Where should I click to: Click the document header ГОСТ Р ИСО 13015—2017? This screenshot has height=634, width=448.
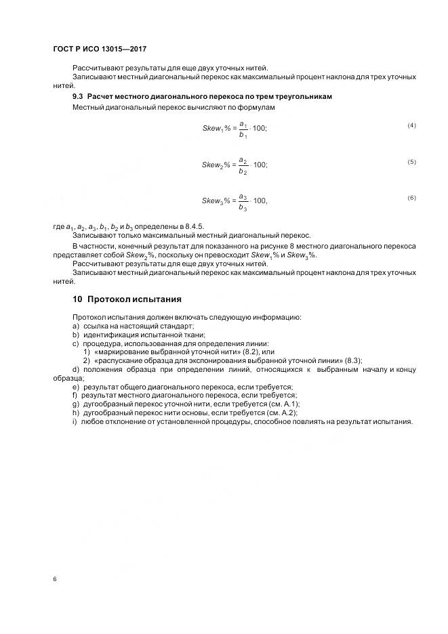coord(100,49)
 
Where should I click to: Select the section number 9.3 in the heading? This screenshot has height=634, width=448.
coord(79,97)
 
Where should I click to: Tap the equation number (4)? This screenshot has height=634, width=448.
coord(411,126)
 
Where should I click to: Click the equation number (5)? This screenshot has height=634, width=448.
coord(411,162)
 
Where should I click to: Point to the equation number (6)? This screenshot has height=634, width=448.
coord(411,198)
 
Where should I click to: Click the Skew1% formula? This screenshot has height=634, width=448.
coord(235,129)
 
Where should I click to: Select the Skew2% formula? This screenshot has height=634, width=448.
coord(235,165)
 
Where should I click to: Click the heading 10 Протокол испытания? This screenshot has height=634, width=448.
coord(127,299)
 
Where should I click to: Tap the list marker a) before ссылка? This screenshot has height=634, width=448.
coord(76,326)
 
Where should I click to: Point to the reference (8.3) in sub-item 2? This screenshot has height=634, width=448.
coord(353,360)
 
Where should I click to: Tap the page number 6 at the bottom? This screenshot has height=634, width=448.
coord(54,580)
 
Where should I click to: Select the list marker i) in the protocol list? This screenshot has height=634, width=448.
coord(75,421)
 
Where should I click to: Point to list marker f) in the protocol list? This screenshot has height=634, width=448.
coord(75,395)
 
